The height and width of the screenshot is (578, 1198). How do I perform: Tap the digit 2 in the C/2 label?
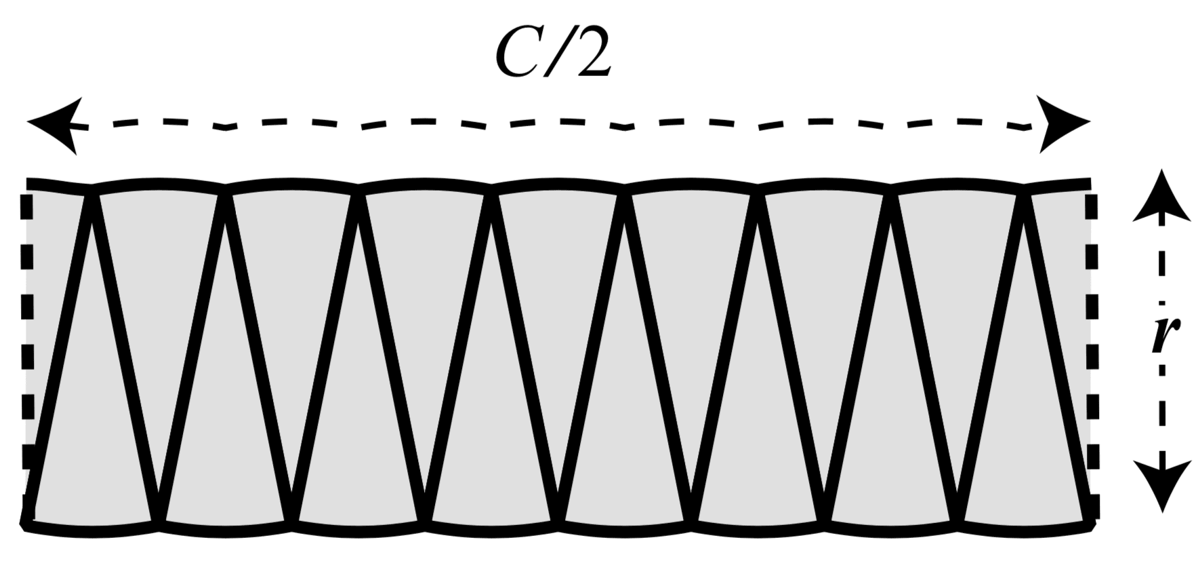tap(590, 54)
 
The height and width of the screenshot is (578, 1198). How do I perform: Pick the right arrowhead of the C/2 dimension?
tap(1061, 123)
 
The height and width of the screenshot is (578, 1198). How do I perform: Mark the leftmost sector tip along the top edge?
tap(91, 194)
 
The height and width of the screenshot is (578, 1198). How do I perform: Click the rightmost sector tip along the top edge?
tap(1025, 194)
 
